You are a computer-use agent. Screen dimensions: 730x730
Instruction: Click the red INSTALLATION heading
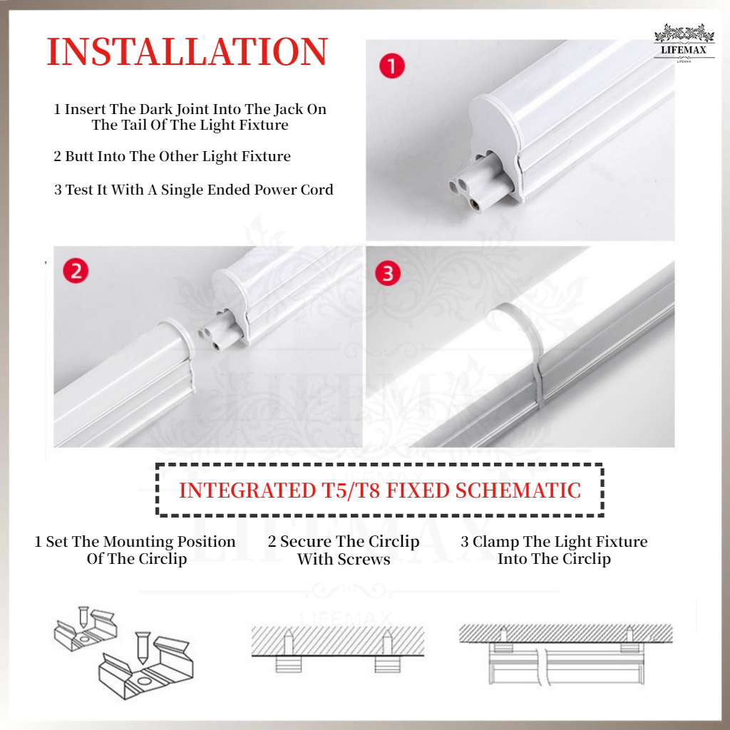tap(187, 53)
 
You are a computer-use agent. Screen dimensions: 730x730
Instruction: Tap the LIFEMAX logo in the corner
tap(684, 44)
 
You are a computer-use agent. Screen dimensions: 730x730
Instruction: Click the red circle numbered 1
tap(391, 67)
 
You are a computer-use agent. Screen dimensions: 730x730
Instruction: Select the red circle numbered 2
tap(76, 272)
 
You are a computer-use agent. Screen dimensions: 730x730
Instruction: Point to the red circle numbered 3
tap(388, 274)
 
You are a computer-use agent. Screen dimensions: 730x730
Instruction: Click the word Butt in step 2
tap(81, 156)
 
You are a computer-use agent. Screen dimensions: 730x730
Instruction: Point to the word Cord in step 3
tap(317, 190)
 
